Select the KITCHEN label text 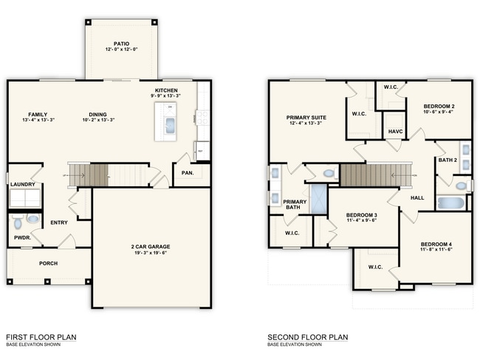pos(166,89)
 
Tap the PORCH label pos(48,262)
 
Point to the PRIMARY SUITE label pos(306,117)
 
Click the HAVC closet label pos(395,132)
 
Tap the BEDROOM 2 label pos(439,106)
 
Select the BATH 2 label pos(448,160)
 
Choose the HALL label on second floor pos(417,197)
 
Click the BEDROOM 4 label pos(436,245)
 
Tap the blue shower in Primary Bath pos(319,199)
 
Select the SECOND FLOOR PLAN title pos(307,337)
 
